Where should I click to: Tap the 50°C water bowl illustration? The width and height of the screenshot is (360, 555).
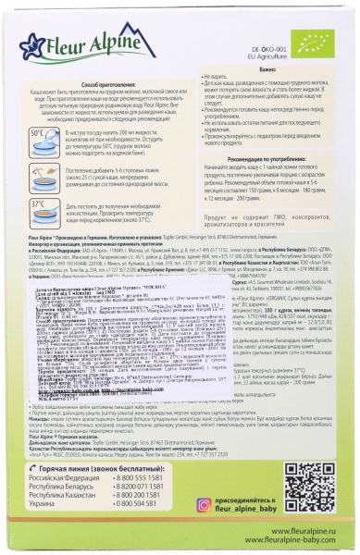click(x=42, y=147)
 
